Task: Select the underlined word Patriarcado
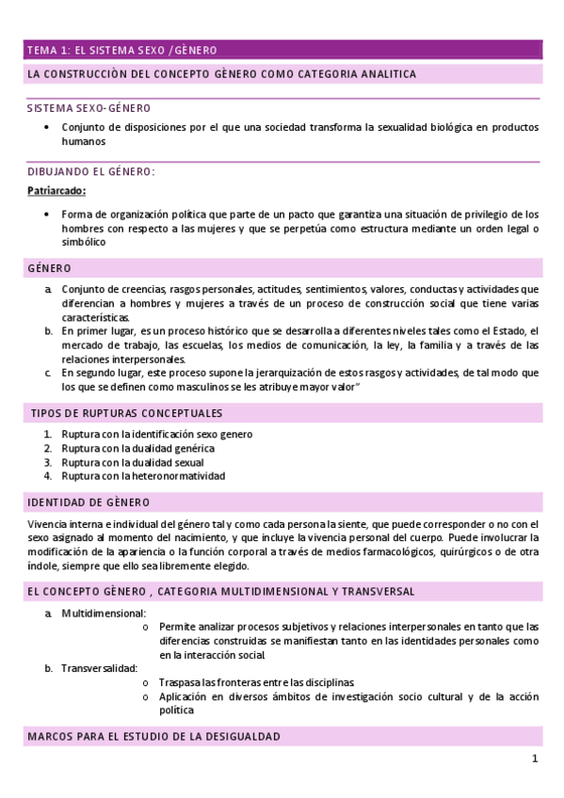tap(56, 191)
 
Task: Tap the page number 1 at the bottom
tap(535, 759)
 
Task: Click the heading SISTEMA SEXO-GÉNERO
tap(89, 108)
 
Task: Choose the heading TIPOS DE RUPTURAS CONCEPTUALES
tap(127, 413)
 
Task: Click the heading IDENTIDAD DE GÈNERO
tap(89, 503)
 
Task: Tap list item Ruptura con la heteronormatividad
tap(143, 476)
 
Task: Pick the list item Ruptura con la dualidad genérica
tap(137, 448)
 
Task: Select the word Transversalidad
tap(93, 668)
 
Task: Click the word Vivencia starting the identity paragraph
tap(46, 523)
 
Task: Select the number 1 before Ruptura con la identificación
tap(47, 434)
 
